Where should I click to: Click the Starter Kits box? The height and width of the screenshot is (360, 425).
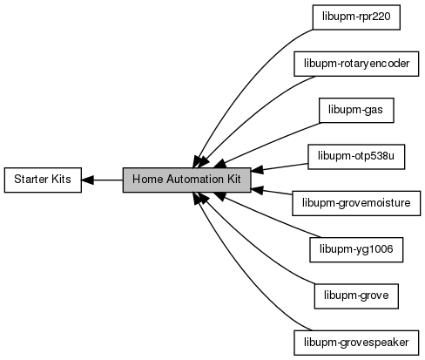43,180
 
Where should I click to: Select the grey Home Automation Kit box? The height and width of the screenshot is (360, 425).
186,180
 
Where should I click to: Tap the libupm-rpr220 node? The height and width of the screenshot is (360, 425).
356,17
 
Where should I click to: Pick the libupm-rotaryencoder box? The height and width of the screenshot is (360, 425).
356,64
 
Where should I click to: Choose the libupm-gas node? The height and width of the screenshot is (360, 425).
356,110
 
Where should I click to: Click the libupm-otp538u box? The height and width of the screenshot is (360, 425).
356,157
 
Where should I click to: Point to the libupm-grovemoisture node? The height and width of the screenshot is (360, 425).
356,203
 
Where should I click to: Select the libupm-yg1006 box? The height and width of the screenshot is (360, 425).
356,249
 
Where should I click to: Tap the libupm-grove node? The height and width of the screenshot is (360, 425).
356,296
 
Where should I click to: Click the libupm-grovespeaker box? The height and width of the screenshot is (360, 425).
356,343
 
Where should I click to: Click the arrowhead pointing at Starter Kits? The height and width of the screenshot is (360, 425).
87,180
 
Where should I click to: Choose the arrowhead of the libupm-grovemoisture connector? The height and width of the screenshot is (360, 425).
257,190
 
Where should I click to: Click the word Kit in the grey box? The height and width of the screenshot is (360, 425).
234,180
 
